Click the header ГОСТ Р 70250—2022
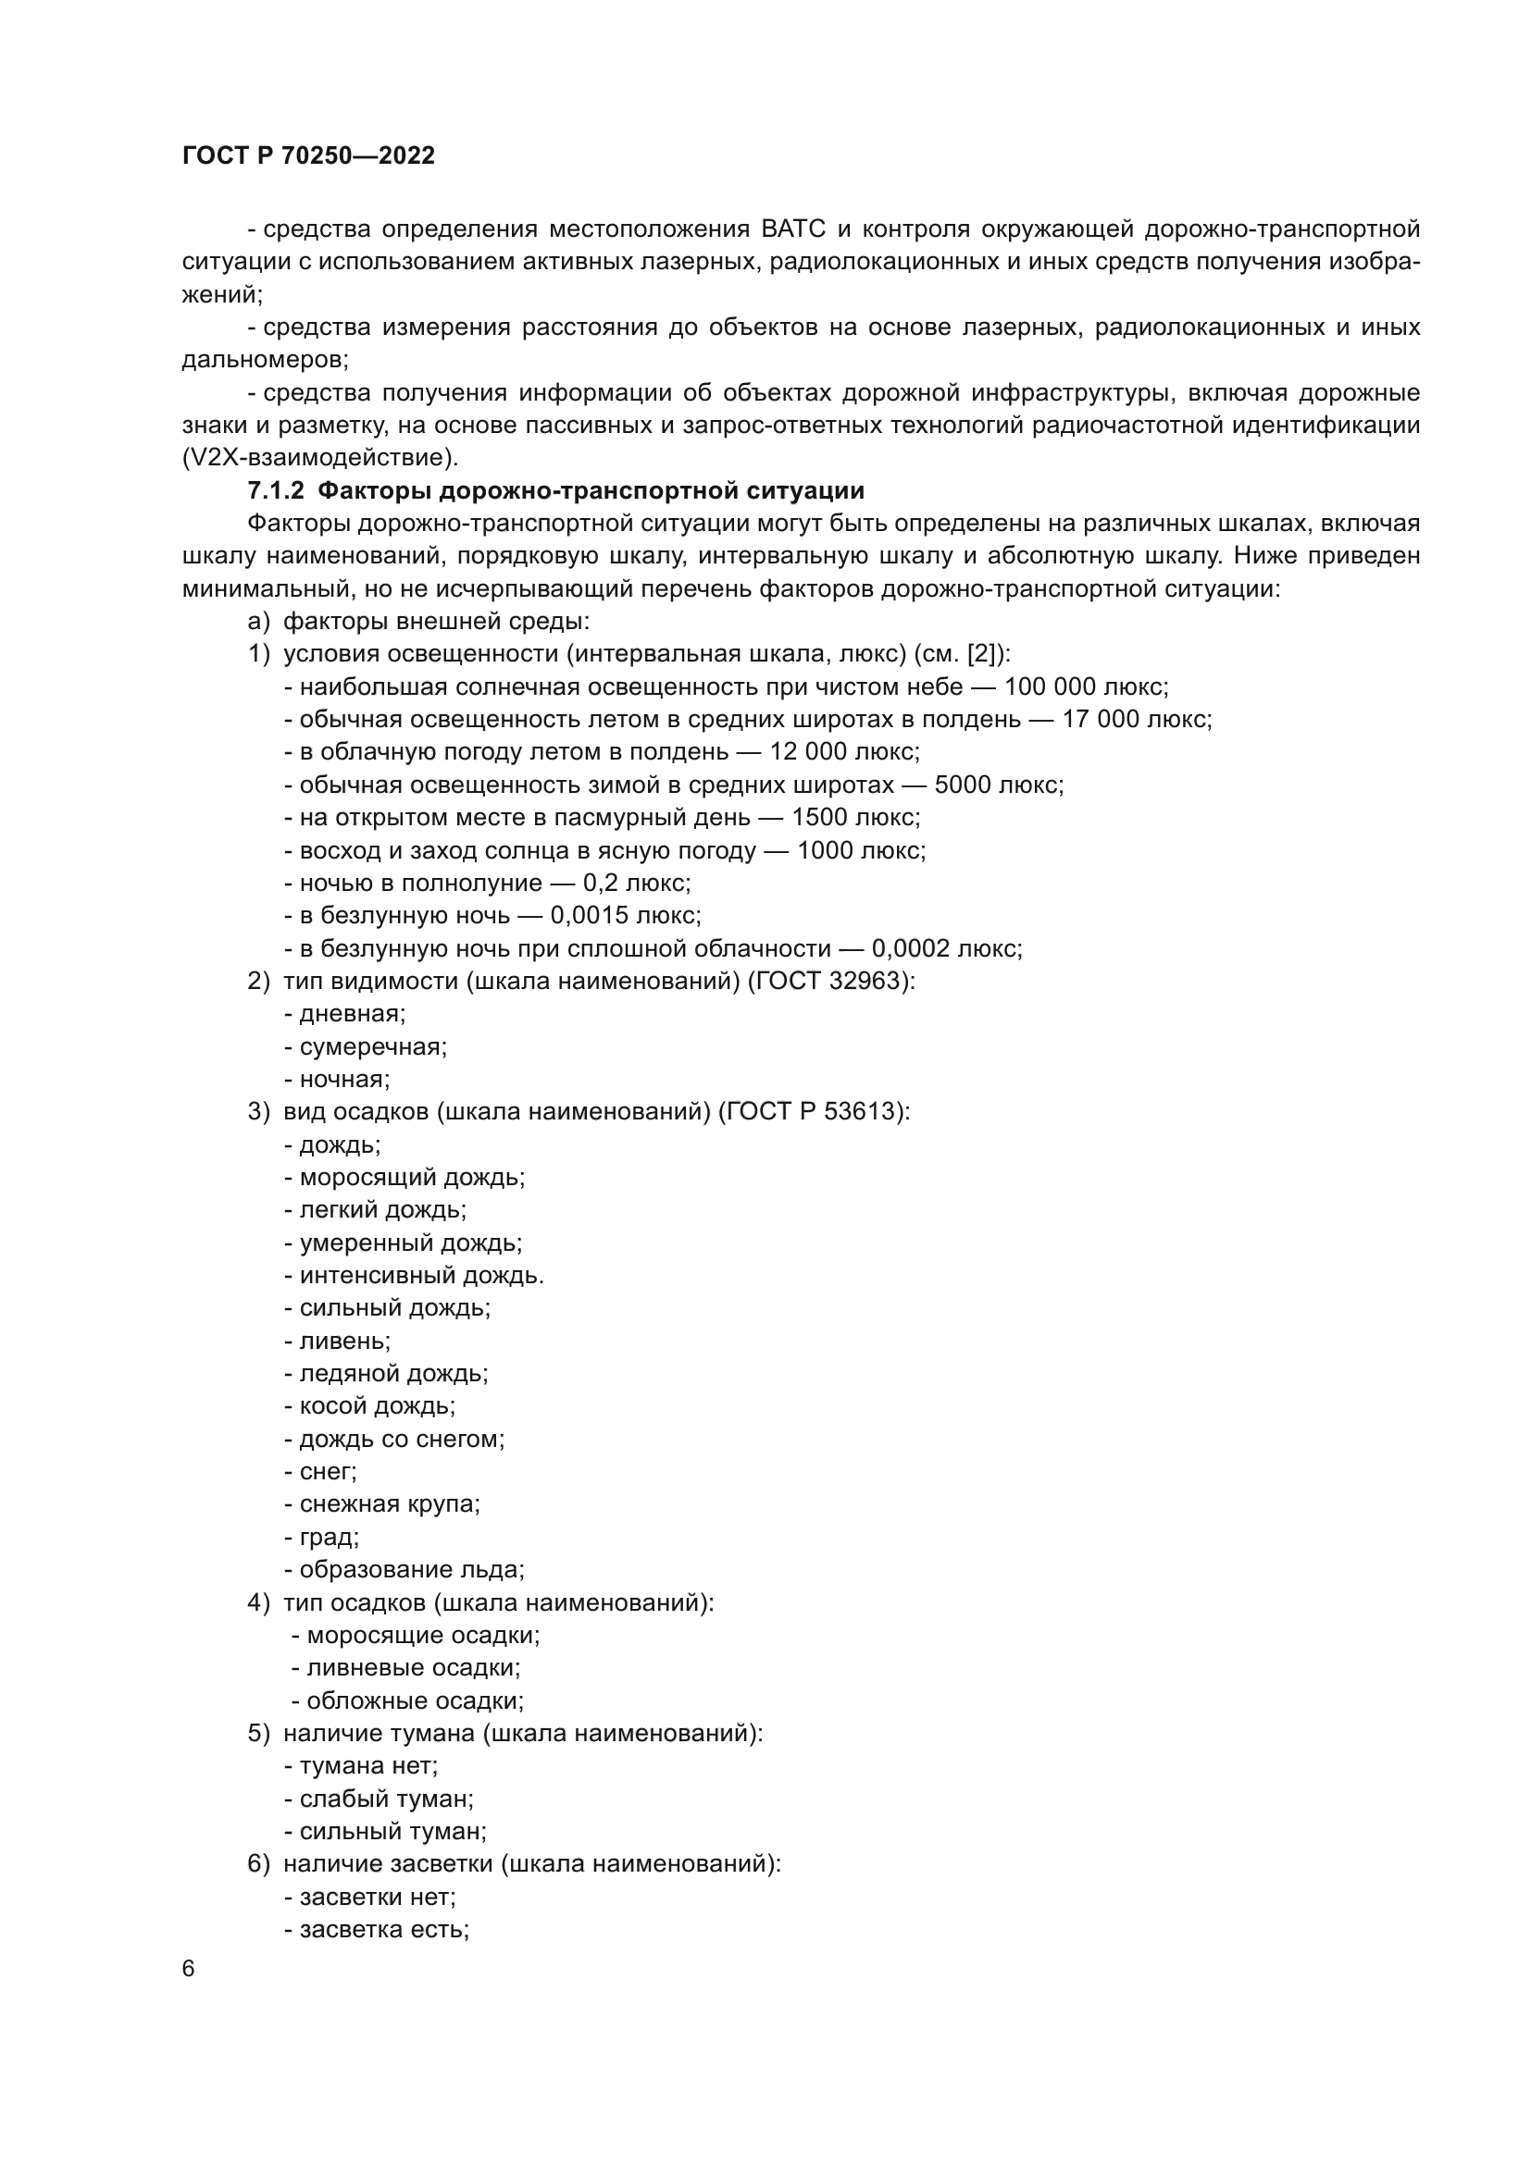(x=308, y=156)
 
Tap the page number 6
(x=189, y=1969)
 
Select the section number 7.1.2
(x=275, y=491)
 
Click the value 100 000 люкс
(x=1085, y=687)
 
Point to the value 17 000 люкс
(x=1136, y=720)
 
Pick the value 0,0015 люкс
(x=624, y=916)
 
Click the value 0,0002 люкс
(x=946, y=948)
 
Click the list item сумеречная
(x=372, y=1047)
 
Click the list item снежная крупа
(x=389, y=1504)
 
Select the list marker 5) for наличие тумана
(x=258, y=1733)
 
